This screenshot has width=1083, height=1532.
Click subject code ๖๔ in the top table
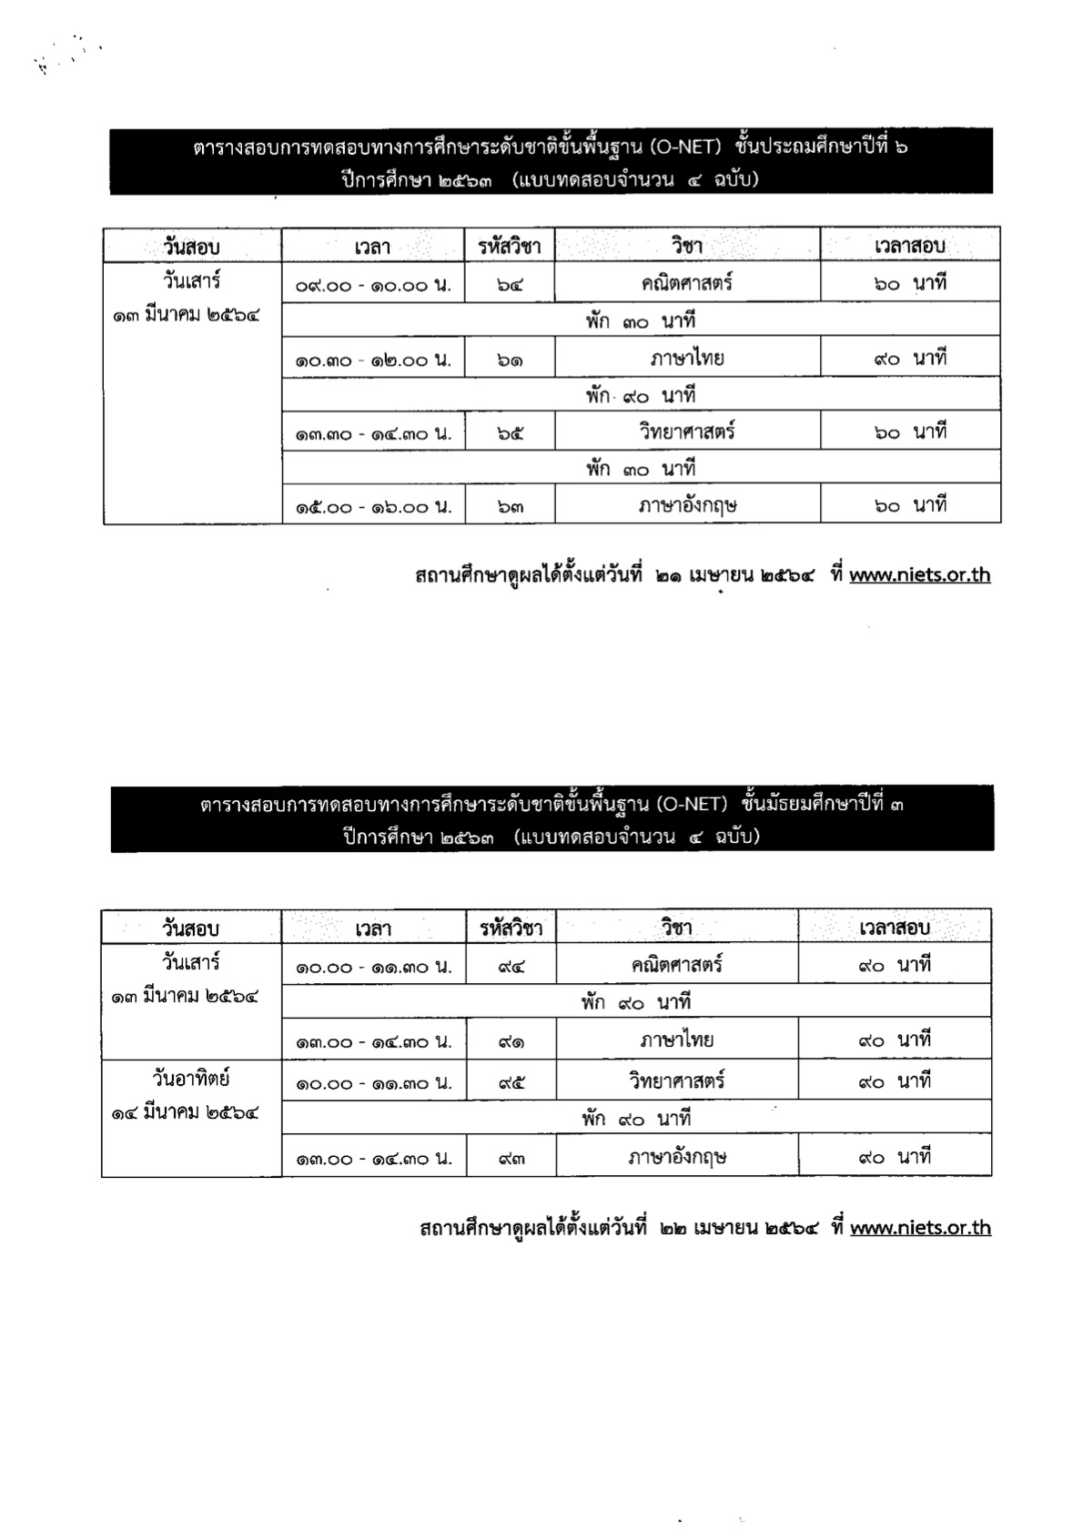(x=510, y=284)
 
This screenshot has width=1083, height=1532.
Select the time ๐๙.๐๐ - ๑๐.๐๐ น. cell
(x=373, y=285)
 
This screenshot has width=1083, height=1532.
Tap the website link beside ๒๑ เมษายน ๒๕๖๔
(x=919, y=575)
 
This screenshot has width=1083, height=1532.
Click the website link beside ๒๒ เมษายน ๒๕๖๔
(x=920, y=1228)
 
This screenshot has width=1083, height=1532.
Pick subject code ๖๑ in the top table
(x=510, y=360)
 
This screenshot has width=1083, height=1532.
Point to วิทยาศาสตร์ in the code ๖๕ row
(x=687, y=432)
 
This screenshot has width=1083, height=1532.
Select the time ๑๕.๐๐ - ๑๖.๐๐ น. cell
(x=373, y=507)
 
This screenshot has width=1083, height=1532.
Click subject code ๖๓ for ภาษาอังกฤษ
(x=510, y=507)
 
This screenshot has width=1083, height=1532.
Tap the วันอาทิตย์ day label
(x=191, y=1079)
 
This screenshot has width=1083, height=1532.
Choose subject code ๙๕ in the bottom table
(x=511, y=1083)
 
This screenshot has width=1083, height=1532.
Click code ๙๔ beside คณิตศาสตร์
(x=511, y=967)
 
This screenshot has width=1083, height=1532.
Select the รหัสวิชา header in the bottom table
(x=511, y=928)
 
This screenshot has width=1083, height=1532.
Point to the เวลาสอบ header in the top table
(x=909, y=246)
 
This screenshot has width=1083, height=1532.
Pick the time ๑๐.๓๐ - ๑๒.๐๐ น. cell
(x=373, y=360)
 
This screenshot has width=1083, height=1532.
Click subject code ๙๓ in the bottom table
(x=511, y=1159)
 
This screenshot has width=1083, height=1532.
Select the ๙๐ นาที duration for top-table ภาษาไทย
(x=909, y=359)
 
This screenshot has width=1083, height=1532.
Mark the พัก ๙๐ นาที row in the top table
(x=640, y=396)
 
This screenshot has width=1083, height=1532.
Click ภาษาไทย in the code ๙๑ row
(x=676, y=1040)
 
